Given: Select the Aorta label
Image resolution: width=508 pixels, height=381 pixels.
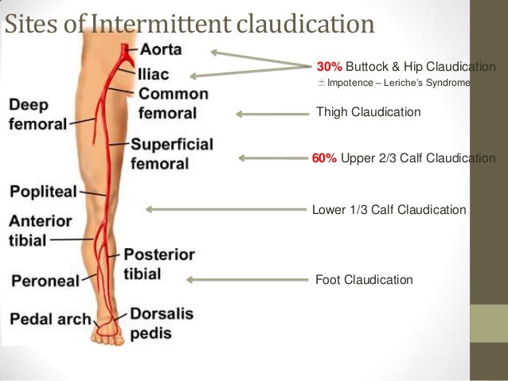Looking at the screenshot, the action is click(x=160, y=49).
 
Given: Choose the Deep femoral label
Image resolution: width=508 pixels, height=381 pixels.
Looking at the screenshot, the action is click(x=37, y=115).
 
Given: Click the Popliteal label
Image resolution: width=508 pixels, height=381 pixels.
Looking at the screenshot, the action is click(x=43, y=192).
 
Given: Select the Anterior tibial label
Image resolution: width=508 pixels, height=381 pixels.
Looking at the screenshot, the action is click(x=40, y=229).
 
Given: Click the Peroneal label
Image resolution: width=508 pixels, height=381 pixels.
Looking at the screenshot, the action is click(x=45, y=281).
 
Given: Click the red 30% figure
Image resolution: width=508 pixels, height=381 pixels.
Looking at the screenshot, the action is click(x=330, y=66).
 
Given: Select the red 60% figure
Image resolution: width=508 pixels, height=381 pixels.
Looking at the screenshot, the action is click(x=324, y=158).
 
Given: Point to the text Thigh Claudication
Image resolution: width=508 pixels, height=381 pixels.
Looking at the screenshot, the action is click(x=369, y=112).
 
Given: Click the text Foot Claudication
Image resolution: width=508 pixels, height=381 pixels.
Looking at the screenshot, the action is click(x=365, y=279).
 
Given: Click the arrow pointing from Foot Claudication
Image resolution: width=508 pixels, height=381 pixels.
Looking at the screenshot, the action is click(x=247, y=279).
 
